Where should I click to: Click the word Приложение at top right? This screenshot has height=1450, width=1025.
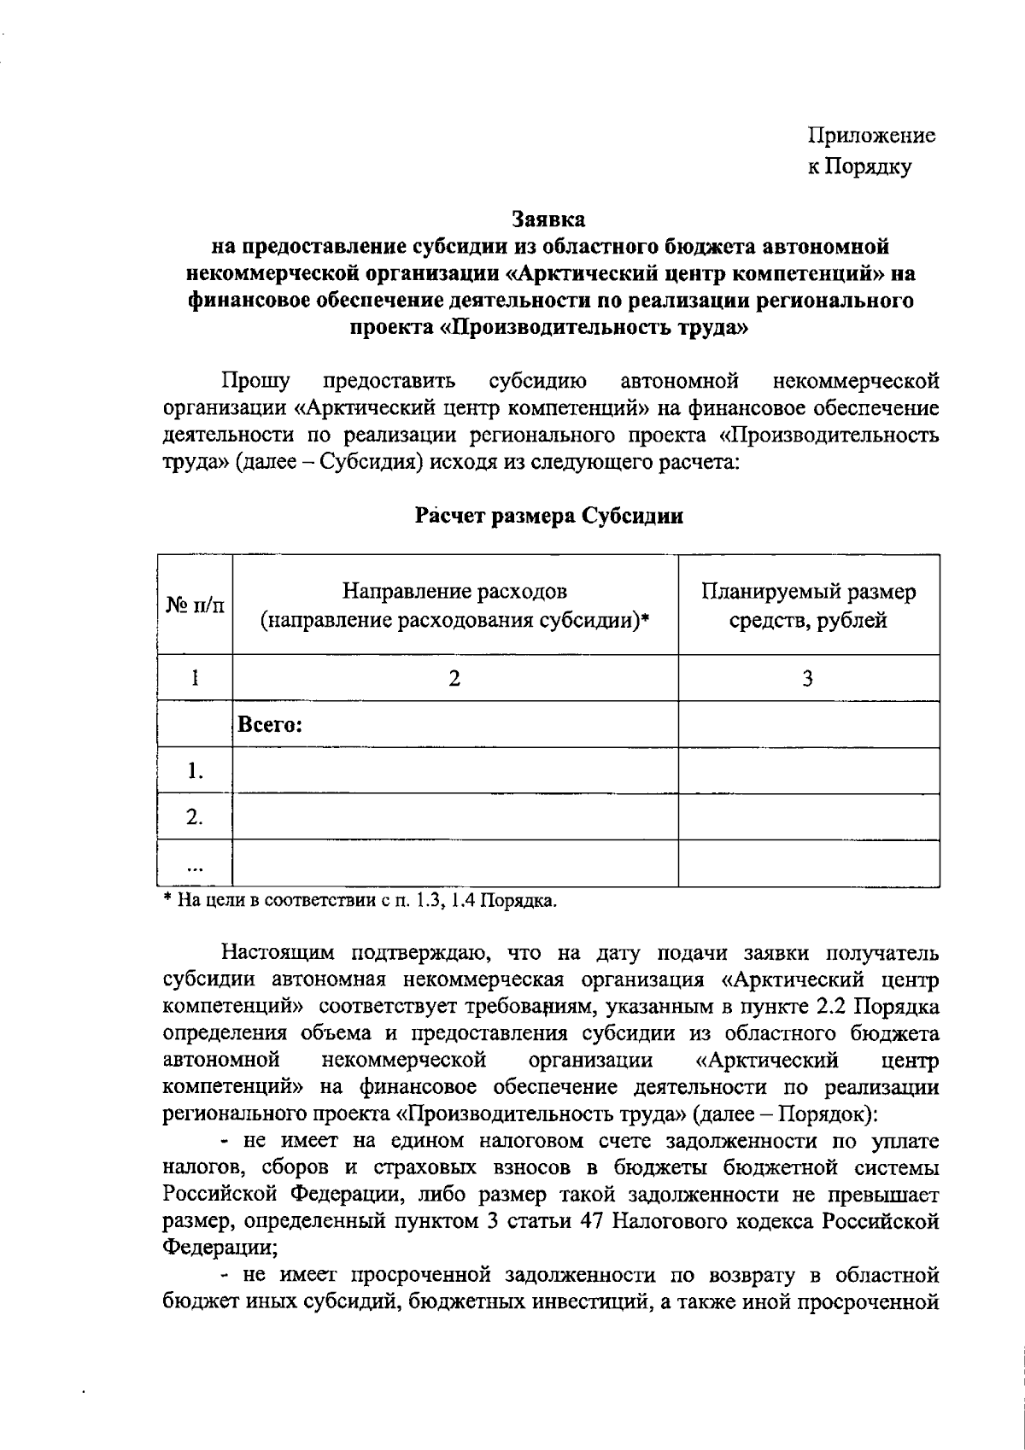(871, 136)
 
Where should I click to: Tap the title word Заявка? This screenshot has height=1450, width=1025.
(549, 219)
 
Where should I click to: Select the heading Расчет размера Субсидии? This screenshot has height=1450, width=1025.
(549, 517)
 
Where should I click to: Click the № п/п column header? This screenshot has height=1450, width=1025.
(195, 605)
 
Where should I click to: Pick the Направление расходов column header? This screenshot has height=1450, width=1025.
(455, 605)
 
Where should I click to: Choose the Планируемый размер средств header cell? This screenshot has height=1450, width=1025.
(808, 605)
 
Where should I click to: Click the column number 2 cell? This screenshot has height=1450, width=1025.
(455, 679)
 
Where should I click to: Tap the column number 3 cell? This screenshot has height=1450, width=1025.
(808, 679)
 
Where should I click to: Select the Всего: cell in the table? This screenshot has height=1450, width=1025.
(271, 726)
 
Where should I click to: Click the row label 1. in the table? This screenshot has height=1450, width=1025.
(196, 772)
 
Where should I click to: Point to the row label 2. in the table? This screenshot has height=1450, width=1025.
(196, 817)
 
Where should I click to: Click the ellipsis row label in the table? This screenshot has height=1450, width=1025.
(196, 865)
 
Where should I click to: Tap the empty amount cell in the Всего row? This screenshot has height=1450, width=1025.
(808, 726)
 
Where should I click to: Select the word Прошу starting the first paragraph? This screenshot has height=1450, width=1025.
(255, 380)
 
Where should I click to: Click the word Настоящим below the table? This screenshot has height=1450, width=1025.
(282, 952)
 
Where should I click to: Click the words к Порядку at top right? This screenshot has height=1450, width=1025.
(859, 167)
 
